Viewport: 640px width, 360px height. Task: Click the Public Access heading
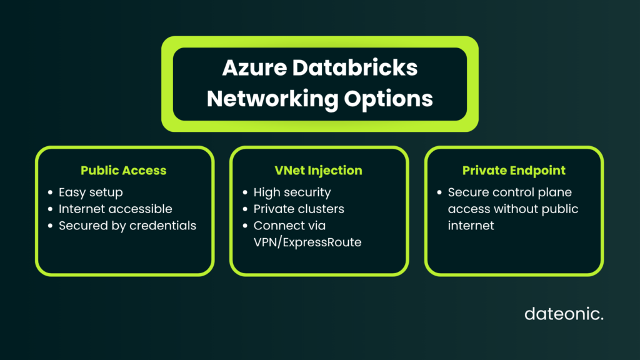coord(124,171)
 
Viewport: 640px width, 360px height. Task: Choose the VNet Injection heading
coord(319,171)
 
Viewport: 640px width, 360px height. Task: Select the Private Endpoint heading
coord(514,171)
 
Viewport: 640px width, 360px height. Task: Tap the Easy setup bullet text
coord(91,192)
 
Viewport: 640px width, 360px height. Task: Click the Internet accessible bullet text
coord(115,209)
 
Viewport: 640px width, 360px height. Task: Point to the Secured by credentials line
coord(127,226)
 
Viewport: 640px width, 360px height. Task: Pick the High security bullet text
coord(292,192)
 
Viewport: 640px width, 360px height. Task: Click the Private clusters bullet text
coord(299,209)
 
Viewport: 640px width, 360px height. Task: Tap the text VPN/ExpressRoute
coord(307,242)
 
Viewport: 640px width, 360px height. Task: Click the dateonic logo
coord(564,314)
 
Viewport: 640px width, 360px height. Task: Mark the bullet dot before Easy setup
coord(50,193)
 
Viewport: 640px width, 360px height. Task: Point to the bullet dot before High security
coord(245,193)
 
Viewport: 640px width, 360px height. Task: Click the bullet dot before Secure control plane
coord(440,193)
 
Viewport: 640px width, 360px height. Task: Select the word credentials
coord(162,226)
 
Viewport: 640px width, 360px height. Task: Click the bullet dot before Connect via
coord(245,226)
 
